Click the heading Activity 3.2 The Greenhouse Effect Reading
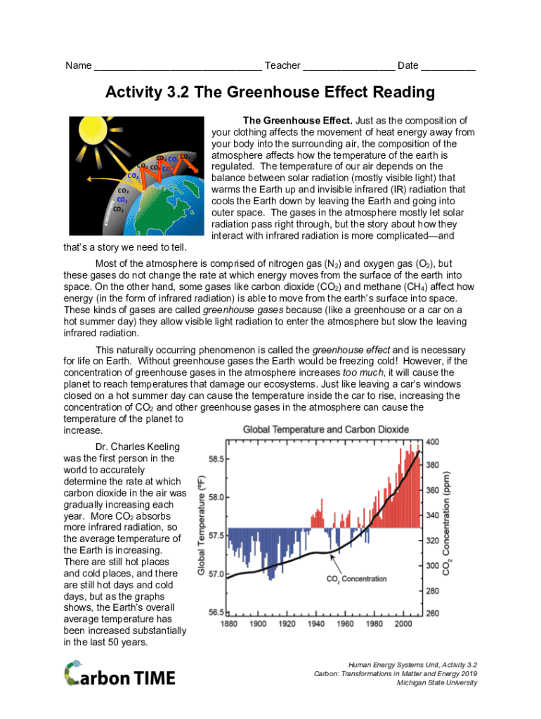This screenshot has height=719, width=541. click(x=270, y=93)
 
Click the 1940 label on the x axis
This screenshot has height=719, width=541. click(x=315, y=624)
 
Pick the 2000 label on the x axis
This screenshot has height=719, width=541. click(x=402, y=624)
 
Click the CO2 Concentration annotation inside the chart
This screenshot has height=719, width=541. click(x=356, y=579)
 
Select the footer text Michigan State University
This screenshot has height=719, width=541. click(x=436, y=683)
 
